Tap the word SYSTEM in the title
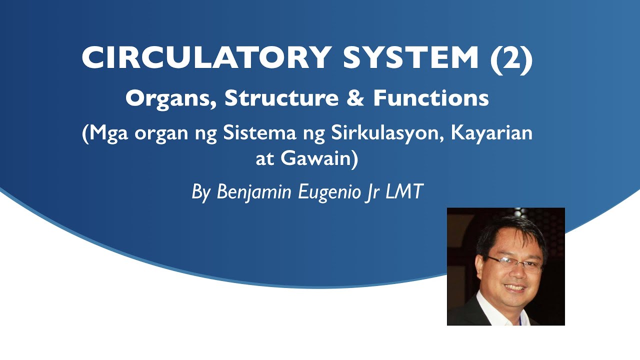(x=411, y=57)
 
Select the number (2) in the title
(x=511, y=57)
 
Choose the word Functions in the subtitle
(x=430, y=98)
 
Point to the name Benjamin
(x=254, y=192)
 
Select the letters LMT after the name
(x=404, y=192)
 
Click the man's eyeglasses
(x=514, y=263)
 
